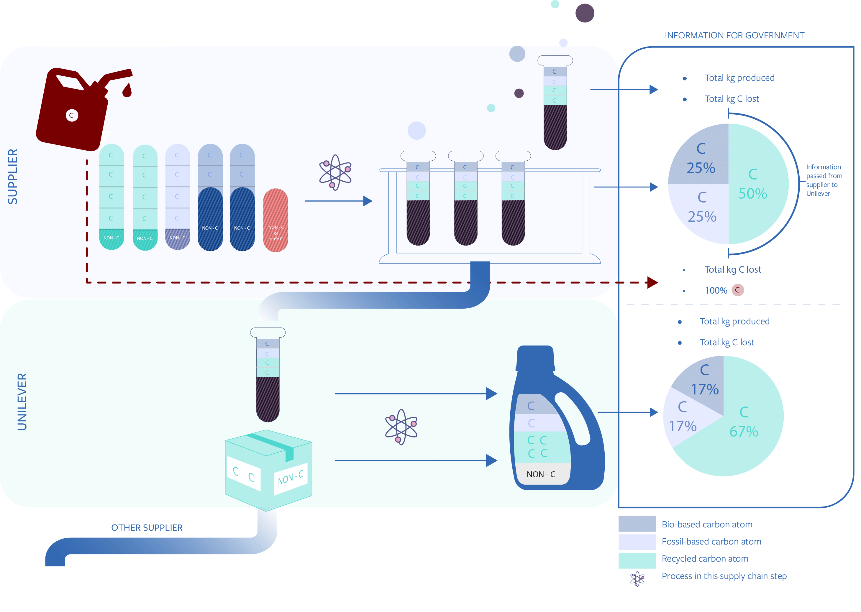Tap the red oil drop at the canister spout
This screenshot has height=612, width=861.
(x=127, y=91)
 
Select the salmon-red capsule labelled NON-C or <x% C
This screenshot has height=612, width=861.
(x=275, y=220)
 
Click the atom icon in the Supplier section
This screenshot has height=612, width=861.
(x=335, y=172)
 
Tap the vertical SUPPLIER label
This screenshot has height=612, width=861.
(x=13, y=176)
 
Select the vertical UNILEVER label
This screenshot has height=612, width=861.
(x=22, y=402)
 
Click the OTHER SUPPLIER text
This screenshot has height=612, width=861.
(x=147, y=528)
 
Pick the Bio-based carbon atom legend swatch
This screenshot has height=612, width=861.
(x=637, y=524)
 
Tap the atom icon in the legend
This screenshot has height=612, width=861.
(x=637, y=578)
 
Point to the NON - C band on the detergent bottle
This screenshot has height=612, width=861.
(x=541, y=474)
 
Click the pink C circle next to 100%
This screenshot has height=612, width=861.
(x=737, y=290)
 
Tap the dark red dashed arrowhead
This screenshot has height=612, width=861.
(x=652, y=282)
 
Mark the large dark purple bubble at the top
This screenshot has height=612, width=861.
(x=585, y=13)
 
